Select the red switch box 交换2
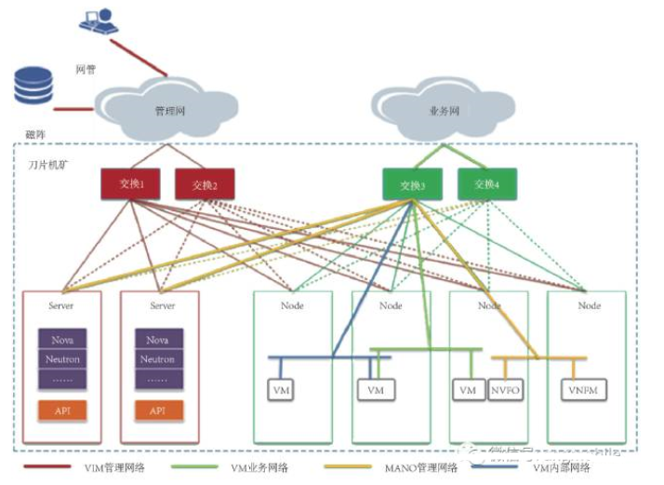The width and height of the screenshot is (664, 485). click(x=204, y=184)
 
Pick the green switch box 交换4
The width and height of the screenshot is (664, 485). click(x=486, y=184)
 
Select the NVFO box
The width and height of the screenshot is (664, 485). click(x=505, y=390)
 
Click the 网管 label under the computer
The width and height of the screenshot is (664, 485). click(x=86, y=70)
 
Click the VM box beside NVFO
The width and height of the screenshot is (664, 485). click(x=468, y=390)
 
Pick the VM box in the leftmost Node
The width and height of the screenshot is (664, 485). click(x=282, y=390)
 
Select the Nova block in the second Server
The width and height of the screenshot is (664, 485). click(x=158, y=340)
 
